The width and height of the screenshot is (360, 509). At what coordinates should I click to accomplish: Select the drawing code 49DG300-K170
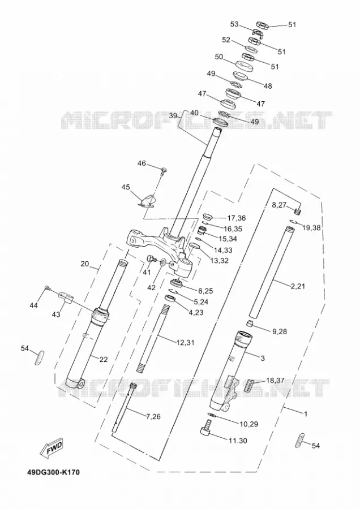point(53,472)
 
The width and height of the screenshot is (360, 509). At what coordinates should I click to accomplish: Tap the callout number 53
point(234,24)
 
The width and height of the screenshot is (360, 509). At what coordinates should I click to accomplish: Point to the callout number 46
point(142,163)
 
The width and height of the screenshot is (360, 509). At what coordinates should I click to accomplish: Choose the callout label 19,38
point(311,227)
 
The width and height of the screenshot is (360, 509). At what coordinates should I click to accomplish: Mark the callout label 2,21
point(298,286)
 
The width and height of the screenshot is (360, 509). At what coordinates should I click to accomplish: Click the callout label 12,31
point(186,342)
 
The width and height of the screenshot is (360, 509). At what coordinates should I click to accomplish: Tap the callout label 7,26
point(153,416)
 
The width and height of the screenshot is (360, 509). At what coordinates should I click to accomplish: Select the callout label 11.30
point(238,441)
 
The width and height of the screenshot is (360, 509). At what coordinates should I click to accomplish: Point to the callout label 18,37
point(275,380)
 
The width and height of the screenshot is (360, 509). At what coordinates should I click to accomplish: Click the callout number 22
point(104,359)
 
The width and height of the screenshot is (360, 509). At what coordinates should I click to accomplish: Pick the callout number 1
point(306,414)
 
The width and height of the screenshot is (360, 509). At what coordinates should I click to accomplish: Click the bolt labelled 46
point(164,170)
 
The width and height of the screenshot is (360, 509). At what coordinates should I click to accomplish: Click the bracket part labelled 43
point(66,297)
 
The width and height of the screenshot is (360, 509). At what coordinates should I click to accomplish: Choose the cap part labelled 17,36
point(207,216)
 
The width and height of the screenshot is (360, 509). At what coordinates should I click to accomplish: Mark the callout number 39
point(173,115)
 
